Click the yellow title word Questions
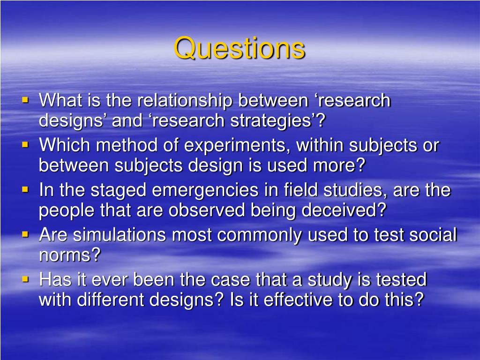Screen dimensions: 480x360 (x=240, y=48)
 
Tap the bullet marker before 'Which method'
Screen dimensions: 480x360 (x=25, y=144)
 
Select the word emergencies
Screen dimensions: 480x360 (x=205, y=190)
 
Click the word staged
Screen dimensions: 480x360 (x=119, y=190)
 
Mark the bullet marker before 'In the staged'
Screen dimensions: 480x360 (x=25, y=189)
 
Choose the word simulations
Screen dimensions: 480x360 (x=120, y=235)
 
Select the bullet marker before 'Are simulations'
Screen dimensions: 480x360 (x=25, y=234)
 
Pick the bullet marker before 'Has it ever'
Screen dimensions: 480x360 (x=25, y=279)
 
